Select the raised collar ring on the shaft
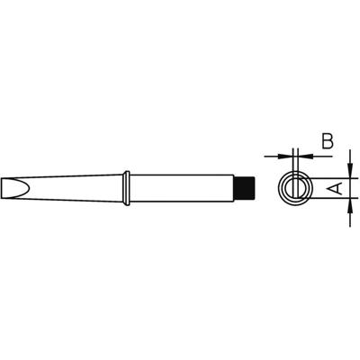[130, 187]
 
